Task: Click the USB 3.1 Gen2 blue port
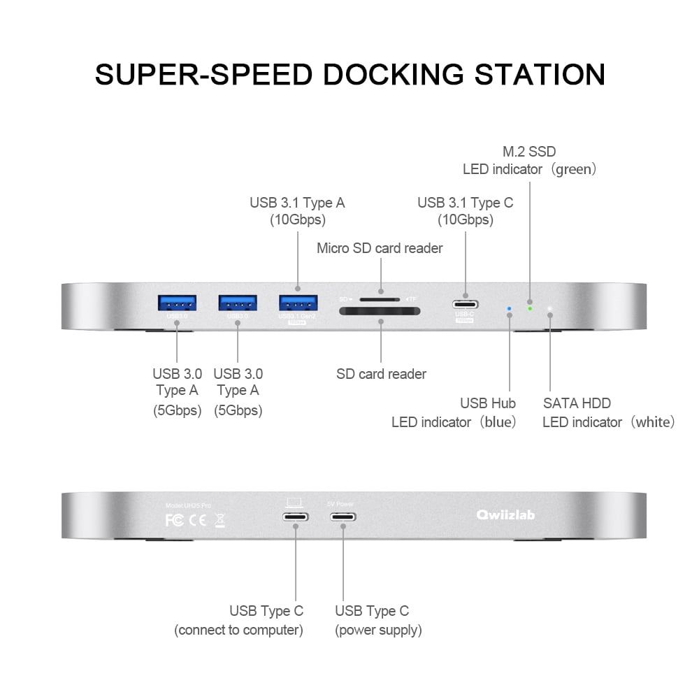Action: coord(298,303)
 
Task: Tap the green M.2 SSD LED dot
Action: coord(530,308)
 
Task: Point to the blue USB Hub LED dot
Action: coord(509,308)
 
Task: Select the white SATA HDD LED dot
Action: coord(550,308)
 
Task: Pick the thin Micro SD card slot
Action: coord(378,298)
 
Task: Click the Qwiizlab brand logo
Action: coord(505,515)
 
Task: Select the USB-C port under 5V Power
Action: coord(342,517)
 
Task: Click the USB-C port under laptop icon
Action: coord(295,517)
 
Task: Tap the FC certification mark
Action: coord(174,520)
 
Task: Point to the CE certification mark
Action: coord(198,520)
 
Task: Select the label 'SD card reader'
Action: coord(381,374)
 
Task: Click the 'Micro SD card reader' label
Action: coord(380,248)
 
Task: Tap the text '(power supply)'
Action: coord(378,630)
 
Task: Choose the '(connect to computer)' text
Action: coord(238,630)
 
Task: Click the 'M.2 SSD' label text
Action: coord(529,152)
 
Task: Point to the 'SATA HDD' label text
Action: coord(577,403)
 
